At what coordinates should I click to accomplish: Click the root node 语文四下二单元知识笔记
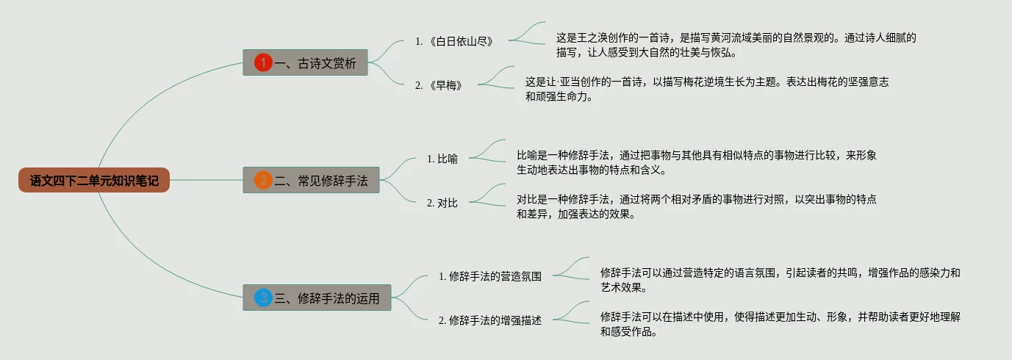(x=94, y=180)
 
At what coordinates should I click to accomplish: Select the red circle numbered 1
(x=263, y=63)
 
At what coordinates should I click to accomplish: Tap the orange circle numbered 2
(x=263, y=180)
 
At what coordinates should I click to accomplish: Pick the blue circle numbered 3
(x=263, y=298)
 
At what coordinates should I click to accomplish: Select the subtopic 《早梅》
(x=444, y=85)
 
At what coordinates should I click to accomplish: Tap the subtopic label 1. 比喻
(x=442, y=159)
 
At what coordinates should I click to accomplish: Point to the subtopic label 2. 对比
(x=442, y=203)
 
